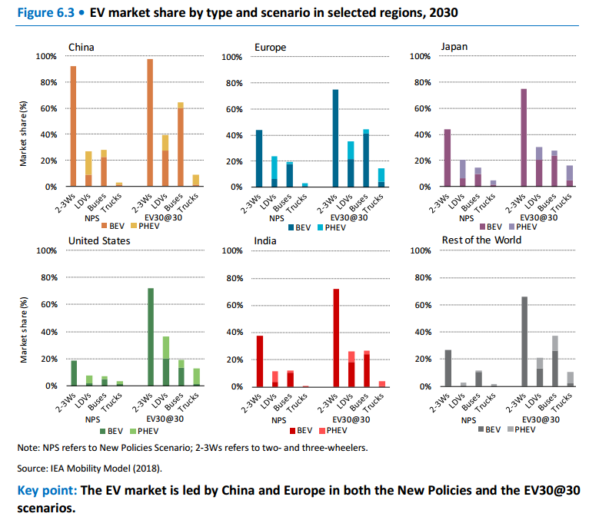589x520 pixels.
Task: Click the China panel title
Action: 82,47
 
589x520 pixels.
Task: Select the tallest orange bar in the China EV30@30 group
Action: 150,123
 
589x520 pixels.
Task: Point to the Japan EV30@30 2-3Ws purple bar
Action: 523,137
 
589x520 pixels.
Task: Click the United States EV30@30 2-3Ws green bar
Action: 151,336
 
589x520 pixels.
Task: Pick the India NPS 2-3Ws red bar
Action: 260,360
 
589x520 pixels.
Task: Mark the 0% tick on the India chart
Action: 235,386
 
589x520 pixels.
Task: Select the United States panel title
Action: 99,240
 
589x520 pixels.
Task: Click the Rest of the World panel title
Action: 481,240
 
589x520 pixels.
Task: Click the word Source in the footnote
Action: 33,467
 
